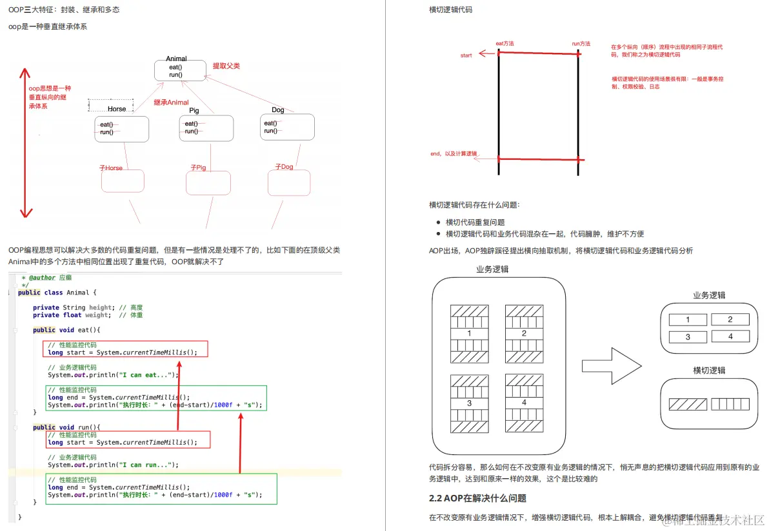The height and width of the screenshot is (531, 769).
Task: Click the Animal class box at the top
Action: click(176, 70)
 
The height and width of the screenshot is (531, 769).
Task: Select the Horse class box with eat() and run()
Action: click(121, 128)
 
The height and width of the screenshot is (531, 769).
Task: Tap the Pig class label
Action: click(194, 110)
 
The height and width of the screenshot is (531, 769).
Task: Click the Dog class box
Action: click(288, 127)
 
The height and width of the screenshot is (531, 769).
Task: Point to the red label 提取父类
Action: click(226, 66)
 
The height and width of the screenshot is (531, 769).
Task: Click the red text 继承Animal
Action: click(171, 102)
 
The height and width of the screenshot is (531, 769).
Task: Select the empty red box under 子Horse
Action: click(123, 181)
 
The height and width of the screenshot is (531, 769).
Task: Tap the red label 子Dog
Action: click(284, 167)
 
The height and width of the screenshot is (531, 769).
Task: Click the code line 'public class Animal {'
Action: click(57, 293)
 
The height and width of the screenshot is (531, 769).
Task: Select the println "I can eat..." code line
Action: click(113, 374)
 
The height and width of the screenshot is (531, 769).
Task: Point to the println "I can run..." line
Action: click(113, 465)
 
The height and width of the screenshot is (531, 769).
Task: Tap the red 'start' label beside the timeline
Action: click(466, 55)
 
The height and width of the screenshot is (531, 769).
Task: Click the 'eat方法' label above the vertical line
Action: click(504, 43)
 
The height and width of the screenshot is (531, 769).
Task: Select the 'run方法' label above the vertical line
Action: click(581, 43)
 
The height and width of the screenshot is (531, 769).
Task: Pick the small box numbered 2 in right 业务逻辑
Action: click(730, 320)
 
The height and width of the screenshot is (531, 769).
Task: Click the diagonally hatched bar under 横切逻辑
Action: click(688, 404)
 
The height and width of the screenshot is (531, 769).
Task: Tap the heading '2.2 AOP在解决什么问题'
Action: click(477, 498)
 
